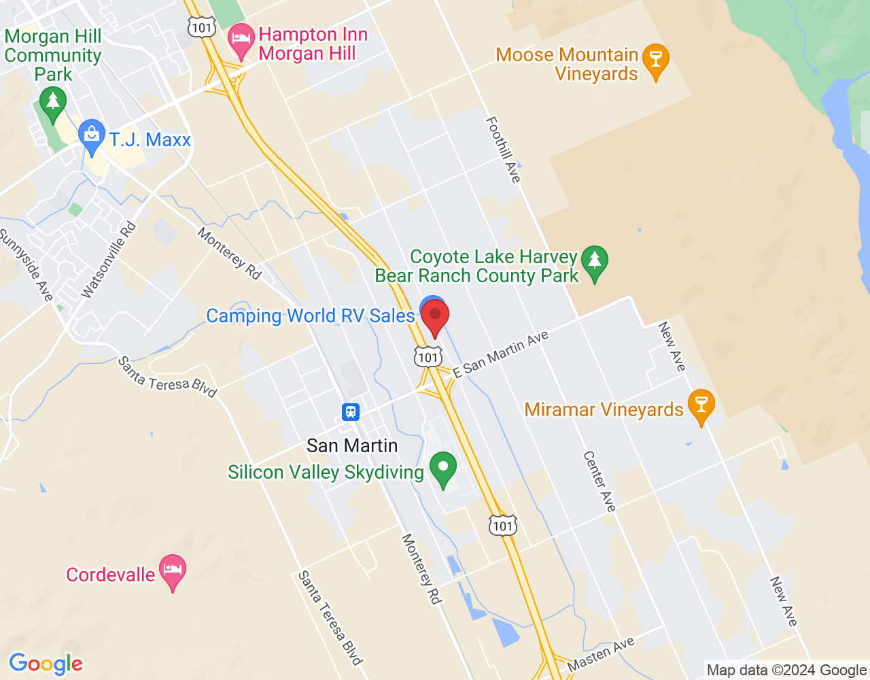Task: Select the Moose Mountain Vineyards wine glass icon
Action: [x=656, y=61]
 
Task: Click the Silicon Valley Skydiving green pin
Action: [x=443, y=469]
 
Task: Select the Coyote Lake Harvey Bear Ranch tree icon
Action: [x=595, y=262]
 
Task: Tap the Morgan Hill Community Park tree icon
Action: [x=53, y=104]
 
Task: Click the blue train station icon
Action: [x=351, y=411]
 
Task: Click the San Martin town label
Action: [x=352, y=446]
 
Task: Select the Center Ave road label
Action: [x=599, y=481]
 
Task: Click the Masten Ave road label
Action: [x=601, y=654]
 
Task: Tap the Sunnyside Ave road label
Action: [x=26, y=265]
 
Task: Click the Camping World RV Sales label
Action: [x=310, y=316]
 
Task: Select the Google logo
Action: [x=46, y=664]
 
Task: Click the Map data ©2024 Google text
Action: [x=786, y=670]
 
